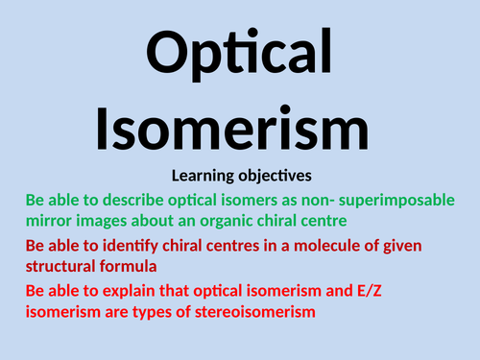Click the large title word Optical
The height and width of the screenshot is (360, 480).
[x=240, y=51]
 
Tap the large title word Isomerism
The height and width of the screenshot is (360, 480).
[x=240, y=127]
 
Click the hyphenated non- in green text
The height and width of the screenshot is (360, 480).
[x=307, y=200]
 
